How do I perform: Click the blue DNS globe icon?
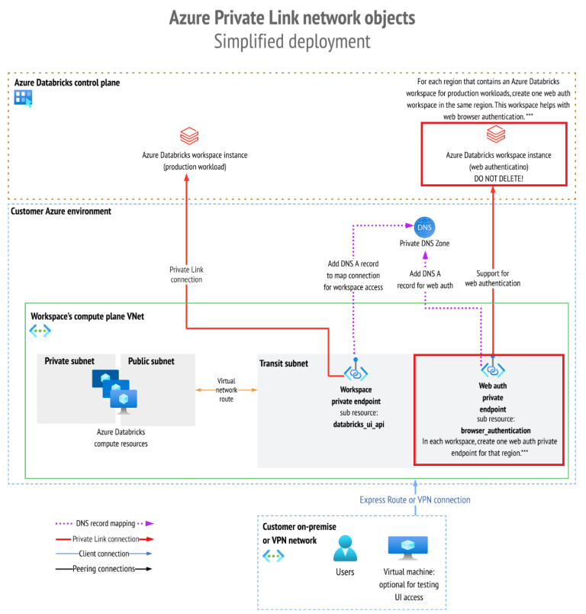(x=425, y=227)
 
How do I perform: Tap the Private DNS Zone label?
(x=425, y=244)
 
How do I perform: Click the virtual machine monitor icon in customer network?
(x=403, y=549)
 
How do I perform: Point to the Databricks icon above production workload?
(x=189, y=137)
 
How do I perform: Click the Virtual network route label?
(x=227, y=389)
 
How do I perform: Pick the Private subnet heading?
(x=69, y=360)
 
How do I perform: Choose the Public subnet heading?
(x=150, y=360)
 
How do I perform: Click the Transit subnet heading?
(x=285, y=364)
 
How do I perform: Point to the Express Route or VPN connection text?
(x=415, y=499)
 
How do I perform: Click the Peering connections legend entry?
(x=105, y=569)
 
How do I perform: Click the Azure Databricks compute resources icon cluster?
(x=114, y=390)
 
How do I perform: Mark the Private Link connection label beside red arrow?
(x=186, y=274)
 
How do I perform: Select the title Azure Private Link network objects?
(x=292, y=17)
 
